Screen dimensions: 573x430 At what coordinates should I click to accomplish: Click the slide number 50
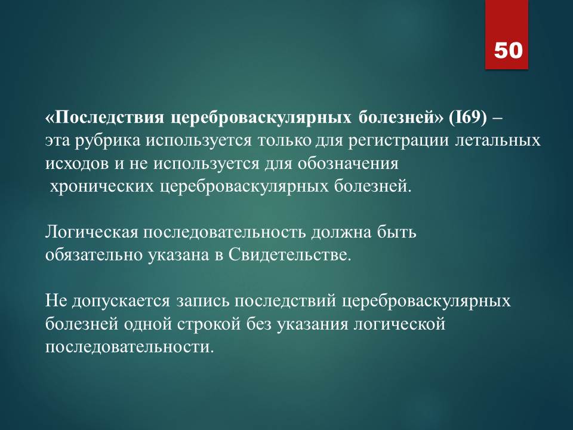coord(509,50)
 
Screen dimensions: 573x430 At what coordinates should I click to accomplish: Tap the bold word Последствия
coord(109,118)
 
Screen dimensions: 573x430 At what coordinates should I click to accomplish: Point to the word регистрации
coord(398,141)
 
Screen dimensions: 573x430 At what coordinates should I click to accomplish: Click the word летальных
coord(498,141)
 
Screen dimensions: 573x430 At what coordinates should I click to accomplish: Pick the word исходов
coord(78,164)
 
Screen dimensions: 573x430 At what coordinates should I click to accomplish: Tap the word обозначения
coord(348,164)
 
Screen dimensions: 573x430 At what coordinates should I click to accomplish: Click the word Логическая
coord(92,232)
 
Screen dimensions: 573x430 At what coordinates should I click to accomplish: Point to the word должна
coord(341,233)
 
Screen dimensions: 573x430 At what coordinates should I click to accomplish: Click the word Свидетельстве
coord(289,255)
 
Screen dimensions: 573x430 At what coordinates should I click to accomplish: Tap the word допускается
coord(121,301)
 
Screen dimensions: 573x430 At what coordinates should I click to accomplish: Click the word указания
coord(312,324)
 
